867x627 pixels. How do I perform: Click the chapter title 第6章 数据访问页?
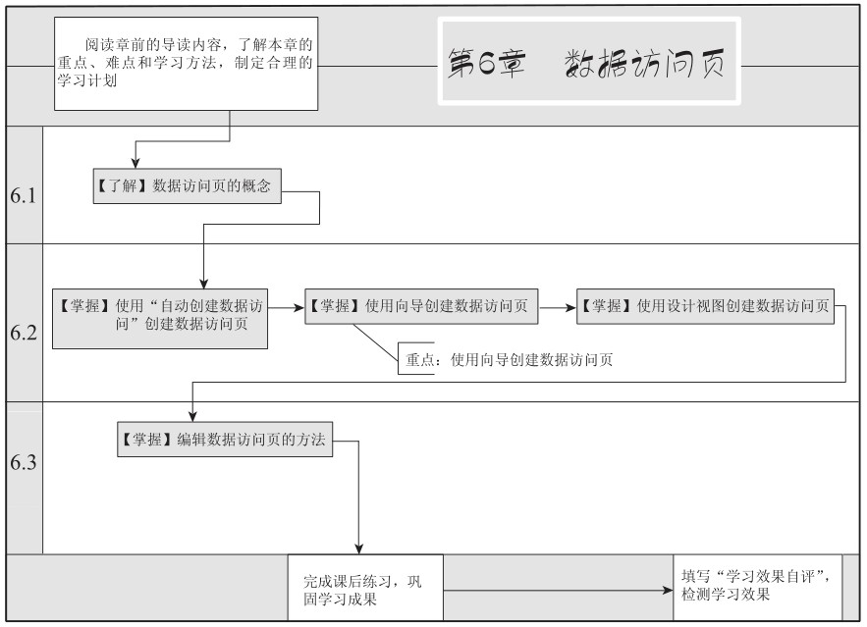[x=586, y=63]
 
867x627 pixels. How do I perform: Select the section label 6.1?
[x=24, y=195]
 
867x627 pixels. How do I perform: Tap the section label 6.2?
[x=24, y=333]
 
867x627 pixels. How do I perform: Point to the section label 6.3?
[x=24, y=462]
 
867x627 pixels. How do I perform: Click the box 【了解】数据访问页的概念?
[x=187, y=186]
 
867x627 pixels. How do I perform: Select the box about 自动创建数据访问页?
[x=160, y=319]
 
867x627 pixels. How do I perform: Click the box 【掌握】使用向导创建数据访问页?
[x=421, y=306]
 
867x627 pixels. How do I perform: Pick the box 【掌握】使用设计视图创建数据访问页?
[x=705, y=306]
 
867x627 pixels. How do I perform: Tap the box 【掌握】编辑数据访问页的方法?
[x=225, y=440]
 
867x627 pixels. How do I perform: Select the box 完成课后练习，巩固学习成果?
[x=365, y=588]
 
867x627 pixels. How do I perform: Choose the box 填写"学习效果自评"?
[x=757, y=588]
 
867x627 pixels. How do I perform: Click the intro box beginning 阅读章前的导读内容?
[x=186, y=64]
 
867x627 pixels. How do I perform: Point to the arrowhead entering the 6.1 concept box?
[x=135, y=163]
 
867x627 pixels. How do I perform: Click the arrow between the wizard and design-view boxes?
[x=558, y=307]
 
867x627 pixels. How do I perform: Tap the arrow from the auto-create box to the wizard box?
[x=287, y=307]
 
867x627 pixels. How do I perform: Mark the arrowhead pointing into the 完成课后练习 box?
[x=358, y=549]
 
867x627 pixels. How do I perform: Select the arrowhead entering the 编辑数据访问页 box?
[x=192, y=416]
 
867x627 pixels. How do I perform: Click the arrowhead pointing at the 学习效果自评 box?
[x=668, y=591]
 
